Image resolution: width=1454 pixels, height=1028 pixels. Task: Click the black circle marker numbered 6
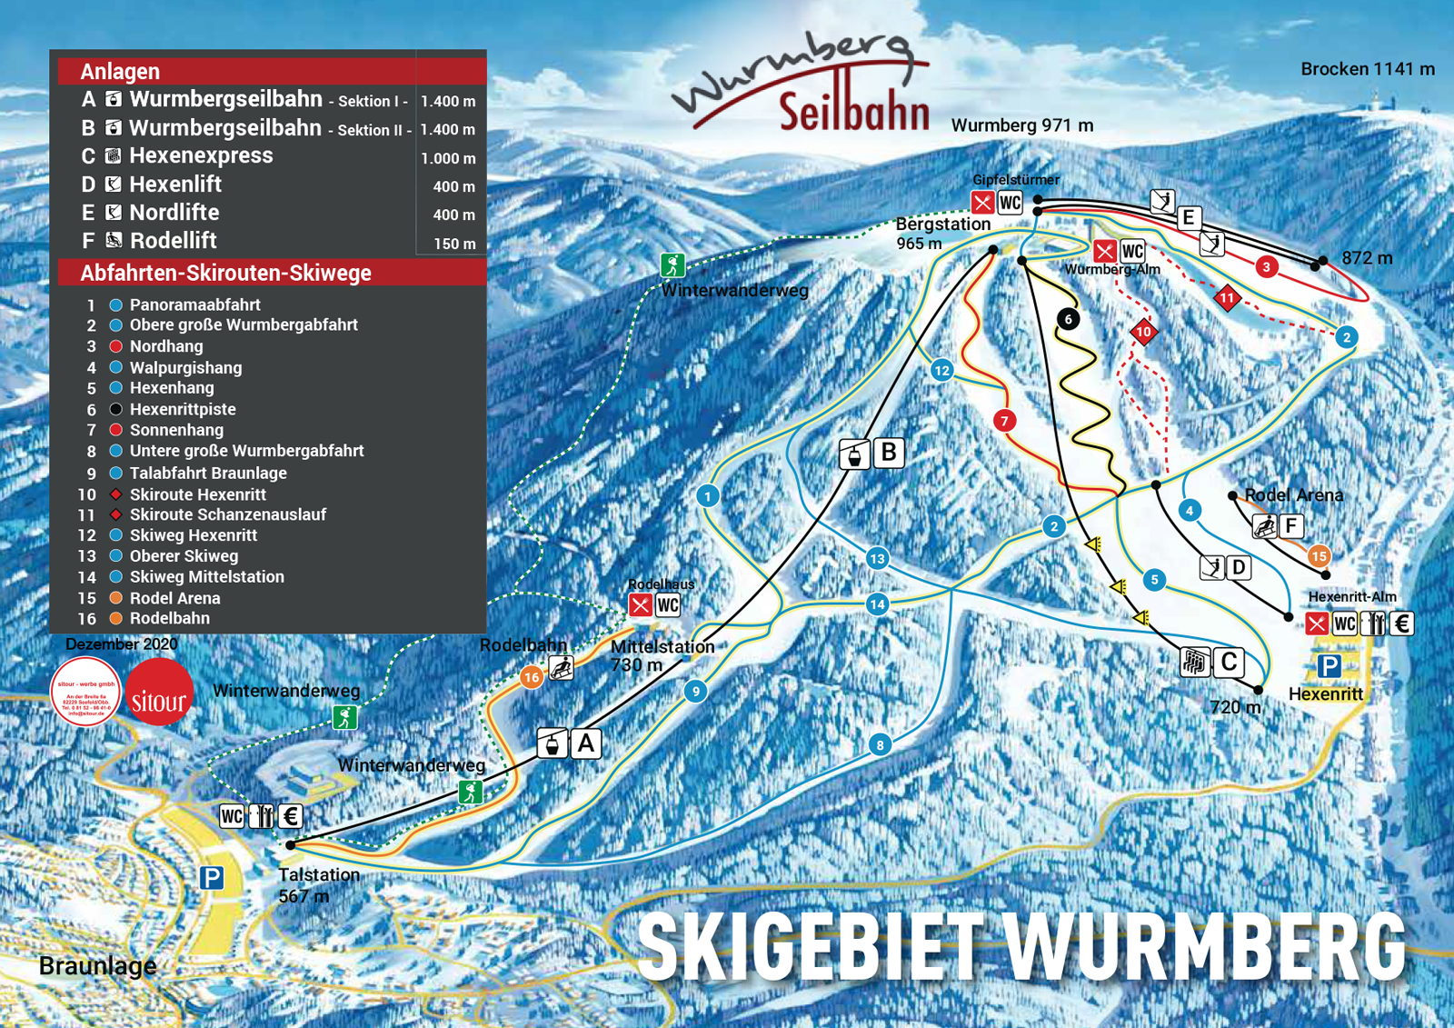1068,319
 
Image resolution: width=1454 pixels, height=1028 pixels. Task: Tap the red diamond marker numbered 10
1143,332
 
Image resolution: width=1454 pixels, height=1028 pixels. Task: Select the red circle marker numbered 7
1004,420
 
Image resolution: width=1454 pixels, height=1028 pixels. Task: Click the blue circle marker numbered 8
880,745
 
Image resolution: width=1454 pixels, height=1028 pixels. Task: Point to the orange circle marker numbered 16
532,676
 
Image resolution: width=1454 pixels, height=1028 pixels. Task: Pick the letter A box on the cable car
586,744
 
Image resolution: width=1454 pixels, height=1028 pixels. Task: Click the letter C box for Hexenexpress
1230,662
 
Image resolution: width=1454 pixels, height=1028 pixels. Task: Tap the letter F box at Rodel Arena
1290,525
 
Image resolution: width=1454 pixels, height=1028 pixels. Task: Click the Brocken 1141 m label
1367,69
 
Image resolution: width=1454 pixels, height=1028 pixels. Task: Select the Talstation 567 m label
318,884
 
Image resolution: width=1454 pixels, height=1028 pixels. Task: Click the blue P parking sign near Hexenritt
1329,666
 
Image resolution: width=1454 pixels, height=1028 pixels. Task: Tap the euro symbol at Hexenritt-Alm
1401,624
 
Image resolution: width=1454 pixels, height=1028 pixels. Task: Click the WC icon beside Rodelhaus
668,605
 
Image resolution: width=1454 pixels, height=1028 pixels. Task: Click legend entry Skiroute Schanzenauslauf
227,514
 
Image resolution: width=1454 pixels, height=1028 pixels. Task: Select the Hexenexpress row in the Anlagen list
201,155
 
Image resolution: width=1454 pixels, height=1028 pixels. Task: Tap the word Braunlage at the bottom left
97,965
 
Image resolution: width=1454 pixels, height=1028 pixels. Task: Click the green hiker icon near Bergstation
672,265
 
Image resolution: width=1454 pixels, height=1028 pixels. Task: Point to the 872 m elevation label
1367,258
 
